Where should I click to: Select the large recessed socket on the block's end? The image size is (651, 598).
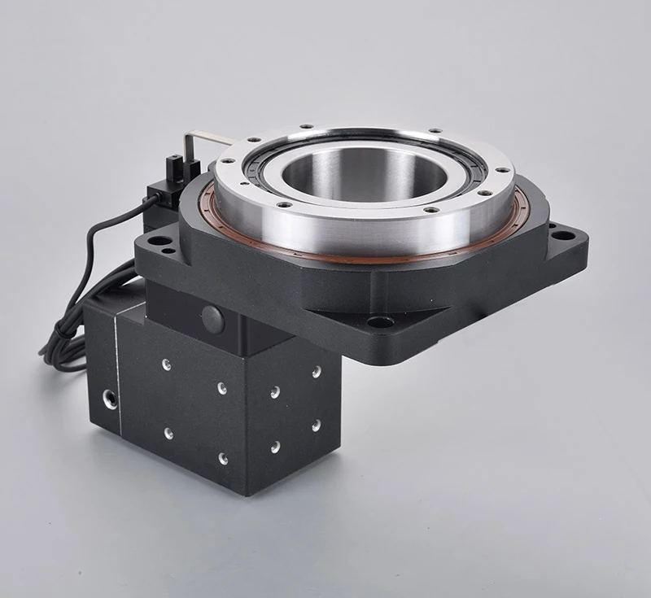click(x=108, y=398)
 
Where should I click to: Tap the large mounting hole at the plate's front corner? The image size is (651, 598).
click(x=380, y=321)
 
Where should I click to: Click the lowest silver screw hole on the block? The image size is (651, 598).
click(x=222, y=458)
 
